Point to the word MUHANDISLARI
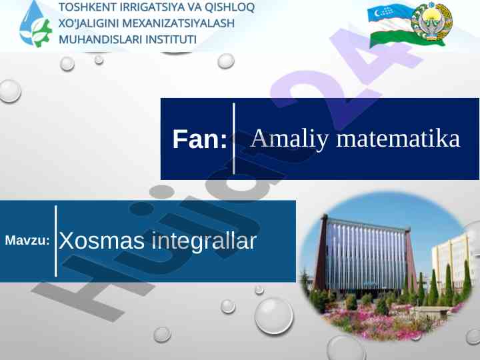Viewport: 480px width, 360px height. click(x=100, y=39)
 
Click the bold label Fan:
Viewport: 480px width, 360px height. click(x=199, y=139)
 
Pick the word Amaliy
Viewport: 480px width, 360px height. click(x=289, y=139)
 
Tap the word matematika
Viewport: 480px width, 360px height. click(x=398, y=139)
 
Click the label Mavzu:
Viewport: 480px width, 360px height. click(x=27, y=240)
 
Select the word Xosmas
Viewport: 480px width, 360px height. click(x=101, y=241)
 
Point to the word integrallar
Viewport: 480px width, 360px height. click(x=204, y=241)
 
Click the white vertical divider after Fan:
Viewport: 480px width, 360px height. click(x=234, y=139)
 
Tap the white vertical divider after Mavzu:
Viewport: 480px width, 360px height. click(x=56, y=241)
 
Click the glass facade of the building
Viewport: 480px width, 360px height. click(x=366, y=254)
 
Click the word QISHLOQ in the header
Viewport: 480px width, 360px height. click(x=229, y=7)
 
